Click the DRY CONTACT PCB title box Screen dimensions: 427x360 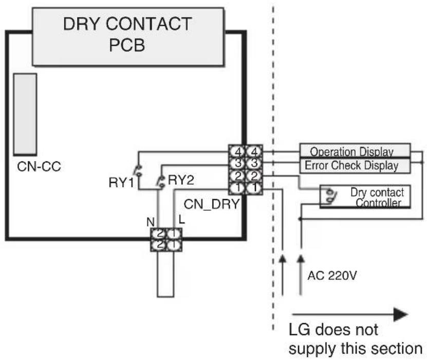click(128, 37)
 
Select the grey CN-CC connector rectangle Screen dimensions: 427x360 click(25, 115)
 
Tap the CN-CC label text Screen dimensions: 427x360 click(39, 166)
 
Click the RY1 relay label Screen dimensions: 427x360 click(121, 182)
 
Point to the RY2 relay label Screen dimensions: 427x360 click(181, 180)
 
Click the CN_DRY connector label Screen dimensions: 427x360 click(212, 204)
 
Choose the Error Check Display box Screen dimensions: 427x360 click(355, 166)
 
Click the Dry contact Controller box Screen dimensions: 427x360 click(365, 197)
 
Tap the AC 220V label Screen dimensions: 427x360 click(332, 276)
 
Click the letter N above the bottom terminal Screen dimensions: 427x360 click(151, 222)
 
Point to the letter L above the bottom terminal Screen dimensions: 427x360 click(181, 220)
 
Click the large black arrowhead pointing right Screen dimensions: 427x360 click(401, 314)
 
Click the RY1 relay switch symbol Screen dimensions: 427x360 click(138, 170)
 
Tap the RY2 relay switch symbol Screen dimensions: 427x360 click(161, 182)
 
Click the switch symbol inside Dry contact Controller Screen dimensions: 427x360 click(330, 196)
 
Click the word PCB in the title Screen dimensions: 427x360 click(127, 45)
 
